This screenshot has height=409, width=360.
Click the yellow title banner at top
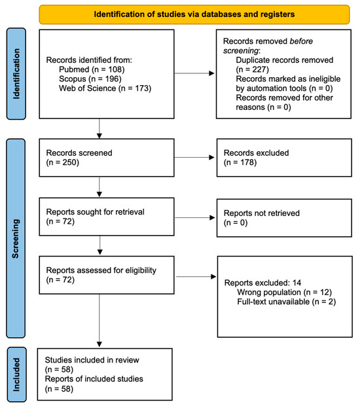[194, 14]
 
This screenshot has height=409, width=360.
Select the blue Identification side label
[16, 74]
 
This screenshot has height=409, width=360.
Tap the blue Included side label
[16, 374]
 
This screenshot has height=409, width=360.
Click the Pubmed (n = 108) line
[92, 69]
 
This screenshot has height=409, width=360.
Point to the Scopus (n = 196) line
[90, 79]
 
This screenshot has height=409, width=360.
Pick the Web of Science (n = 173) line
[105, 88]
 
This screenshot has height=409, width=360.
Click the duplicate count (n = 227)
[252, 69]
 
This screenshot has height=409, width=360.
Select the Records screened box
[107, 158]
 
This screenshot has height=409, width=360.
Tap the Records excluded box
[284, 158]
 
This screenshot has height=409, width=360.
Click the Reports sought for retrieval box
[107, 217]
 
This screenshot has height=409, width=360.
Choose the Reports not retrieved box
[284, 218]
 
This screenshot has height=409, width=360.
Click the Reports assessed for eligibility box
[107, 275]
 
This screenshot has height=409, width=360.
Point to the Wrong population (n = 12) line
[284, 292]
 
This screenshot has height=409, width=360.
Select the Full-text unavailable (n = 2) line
[287, 302]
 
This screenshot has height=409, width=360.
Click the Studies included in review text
[92, 360]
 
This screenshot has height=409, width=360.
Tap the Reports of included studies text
[94, 379]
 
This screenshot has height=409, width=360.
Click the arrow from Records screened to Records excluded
[194, 157]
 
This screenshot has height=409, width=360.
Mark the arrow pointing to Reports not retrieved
[194, 217]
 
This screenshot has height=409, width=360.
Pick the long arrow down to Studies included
[99, 321]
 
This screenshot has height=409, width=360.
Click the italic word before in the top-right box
[301, 41]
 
